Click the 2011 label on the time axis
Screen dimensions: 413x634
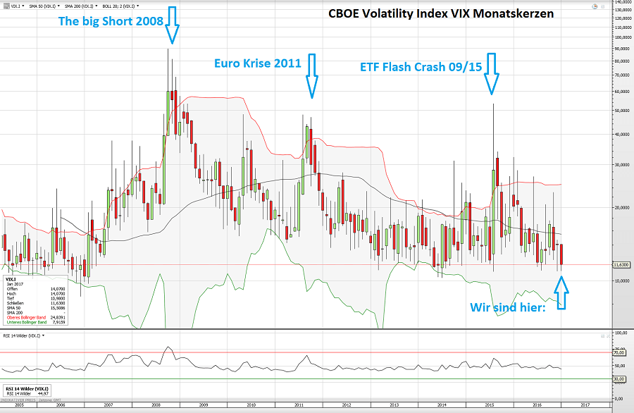[299, 406]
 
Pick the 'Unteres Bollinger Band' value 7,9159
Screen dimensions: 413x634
[59, 322]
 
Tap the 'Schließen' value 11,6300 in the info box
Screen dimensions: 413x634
[58, 302]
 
